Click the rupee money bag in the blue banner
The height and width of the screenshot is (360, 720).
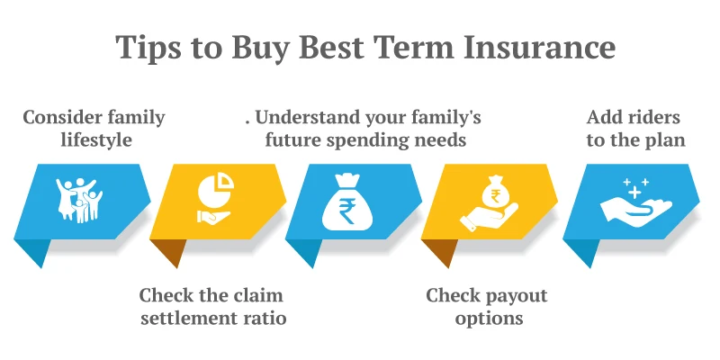[346, 203]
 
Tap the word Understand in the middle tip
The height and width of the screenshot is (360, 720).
[305, 117]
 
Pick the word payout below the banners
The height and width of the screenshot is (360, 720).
[516, 295]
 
